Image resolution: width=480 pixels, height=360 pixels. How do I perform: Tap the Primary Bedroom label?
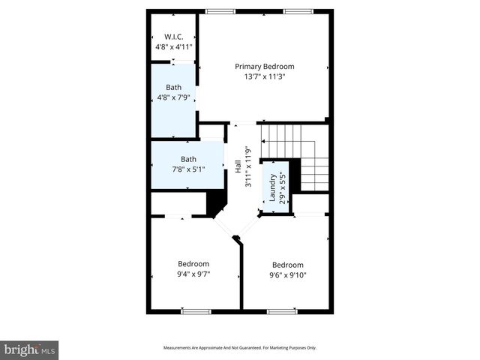coord(264,66)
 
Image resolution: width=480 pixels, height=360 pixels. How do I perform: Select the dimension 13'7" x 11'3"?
coord(264,76)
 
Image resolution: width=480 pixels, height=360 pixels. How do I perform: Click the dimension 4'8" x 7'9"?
coord(173,97)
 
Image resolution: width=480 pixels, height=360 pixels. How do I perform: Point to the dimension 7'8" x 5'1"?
coord(188,169)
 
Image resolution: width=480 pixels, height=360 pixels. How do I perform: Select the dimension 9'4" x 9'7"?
coord(193,274)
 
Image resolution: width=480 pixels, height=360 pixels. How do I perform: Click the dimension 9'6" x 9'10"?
coord(288,275)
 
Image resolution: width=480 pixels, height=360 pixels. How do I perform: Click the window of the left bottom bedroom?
coord(196,311)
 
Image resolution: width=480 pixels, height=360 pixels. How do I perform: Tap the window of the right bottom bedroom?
coord(282,311)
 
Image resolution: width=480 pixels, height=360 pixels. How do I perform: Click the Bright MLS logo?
coord(29,349)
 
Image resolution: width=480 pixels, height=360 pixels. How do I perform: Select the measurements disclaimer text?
coord(240,348)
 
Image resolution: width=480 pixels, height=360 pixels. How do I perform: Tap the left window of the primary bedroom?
coord(219,10)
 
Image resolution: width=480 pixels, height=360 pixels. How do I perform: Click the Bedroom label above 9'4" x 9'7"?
coord(193,264)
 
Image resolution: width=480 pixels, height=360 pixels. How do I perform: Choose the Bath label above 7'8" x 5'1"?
coord(188,159)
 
